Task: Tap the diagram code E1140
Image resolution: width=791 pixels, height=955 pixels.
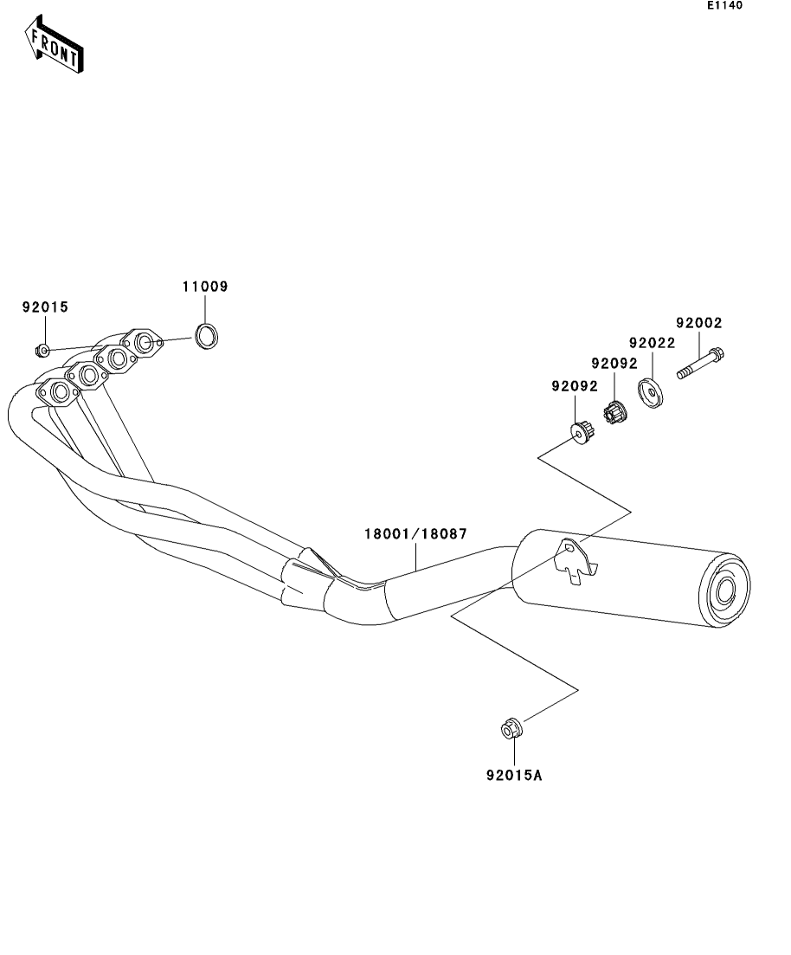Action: [x=723, y=6]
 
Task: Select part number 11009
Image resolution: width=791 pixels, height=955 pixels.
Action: [x=205, y=287]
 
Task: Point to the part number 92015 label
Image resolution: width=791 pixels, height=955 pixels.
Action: [x=45, y=307]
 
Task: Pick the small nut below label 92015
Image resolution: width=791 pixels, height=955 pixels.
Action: [x=40, y=351]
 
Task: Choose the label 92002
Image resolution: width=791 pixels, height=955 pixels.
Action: [x=698, y=323]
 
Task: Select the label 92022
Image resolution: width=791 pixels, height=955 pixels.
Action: [x=652, y=344]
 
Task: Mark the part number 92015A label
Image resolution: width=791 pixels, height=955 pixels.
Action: [x=513, y=776]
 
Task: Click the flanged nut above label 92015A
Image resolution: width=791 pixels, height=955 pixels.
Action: [x=511, y=729]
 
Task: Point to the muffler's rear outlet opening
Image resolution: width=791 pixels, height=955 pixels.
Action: [x=724, y=590]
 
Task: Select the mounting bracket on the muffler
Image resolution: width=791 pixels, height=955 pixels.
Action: [x=575, y=560]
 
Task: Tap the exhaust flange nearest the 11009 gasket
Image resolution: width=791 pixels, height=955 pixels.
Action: [x=145, y=343]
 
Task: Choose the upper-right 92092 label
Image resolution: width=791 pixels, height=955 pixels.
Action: [x=614, y=364]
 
